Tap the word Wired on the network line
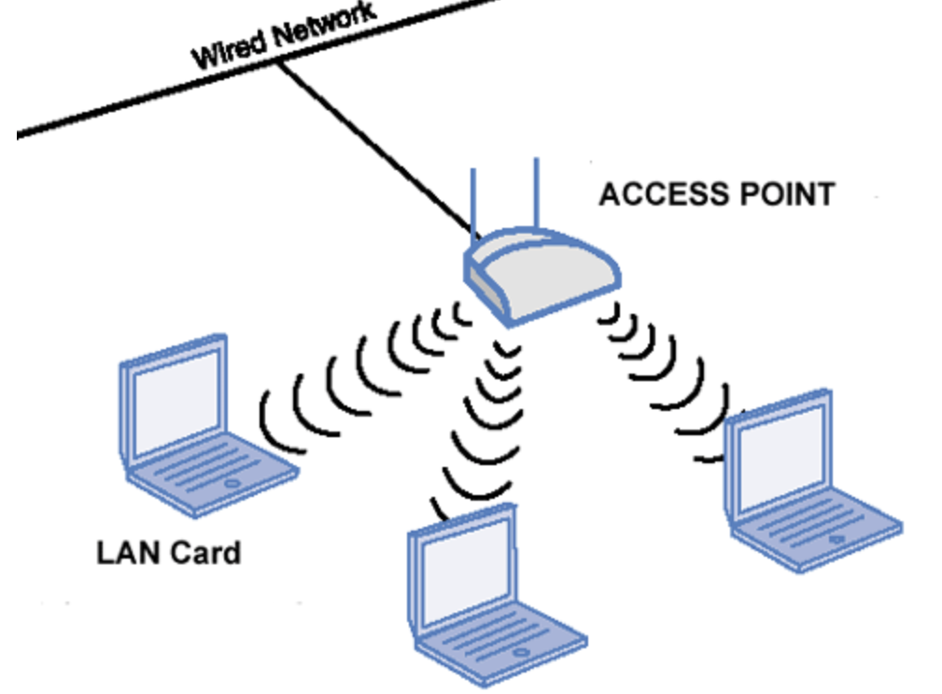tap(229, 49)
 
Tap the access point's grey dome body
tap(542, 276)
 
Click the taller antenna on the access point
tap(537, 192)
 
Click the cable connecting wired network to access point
tap(376, 148)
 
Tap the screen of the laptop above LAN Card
tap(176, 402)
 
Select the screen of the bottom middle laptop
tap(466, 573)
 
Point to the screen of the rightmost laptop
tap(781, 459)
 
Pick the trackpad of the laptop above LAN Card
tap(232, 483)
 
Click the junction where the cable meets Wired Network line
tap(277, 63)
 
